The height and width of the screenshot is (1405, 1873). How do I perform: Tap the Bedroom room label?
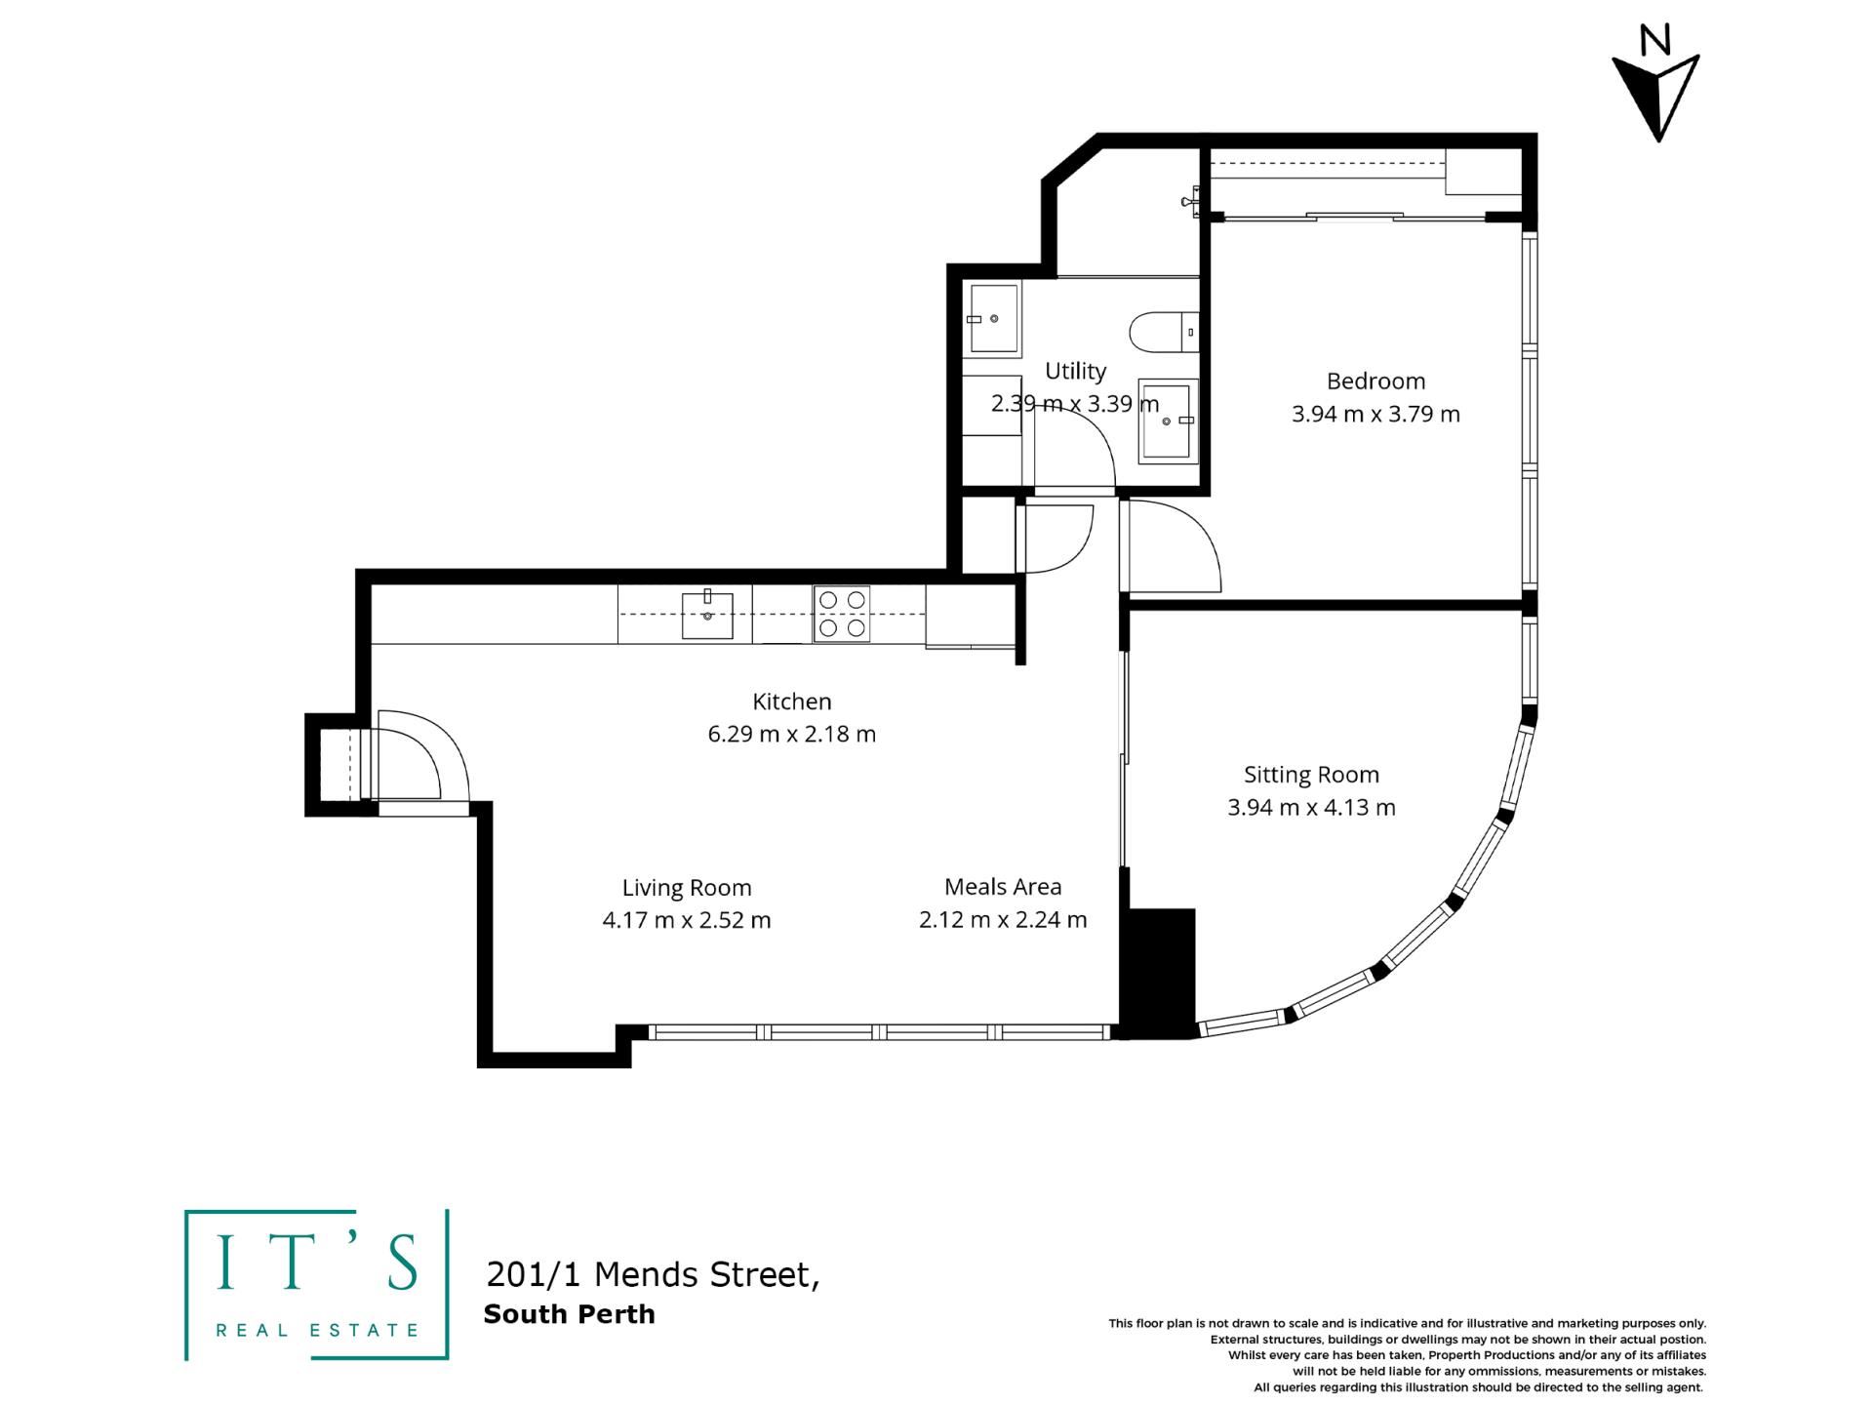point(1375,381)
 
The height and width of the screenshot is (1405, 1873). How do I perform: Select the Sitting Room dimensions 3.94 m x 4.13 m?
point(1311,808)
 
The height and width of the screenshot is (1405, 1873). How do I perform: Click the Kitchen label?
point(792,702)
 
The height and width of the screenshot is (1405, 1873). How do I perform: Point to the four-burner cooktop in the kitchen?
point(842,615)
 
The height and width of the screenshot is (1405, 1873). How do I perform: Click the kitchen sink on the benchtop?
point(707,615)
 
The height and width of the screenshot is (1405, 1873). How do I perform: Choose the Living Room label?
point(687,888)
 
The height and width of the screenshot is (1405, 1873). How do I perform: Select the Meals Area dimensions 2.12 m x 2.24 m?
point(1003,920)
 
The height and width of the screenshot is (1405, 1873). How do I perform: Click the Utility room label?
point(1075,371)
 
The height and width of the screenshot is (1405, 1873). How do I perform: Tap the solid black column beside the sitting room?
point(1157,973)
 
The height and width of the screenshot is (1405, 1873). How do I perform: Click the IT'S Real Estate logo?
point(317,1284)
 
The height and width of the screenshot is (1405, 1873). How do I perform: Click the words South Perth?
point(569,1314)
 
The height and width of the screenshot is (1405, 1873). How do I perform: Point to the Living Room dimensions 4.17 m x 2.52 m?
point(687,920)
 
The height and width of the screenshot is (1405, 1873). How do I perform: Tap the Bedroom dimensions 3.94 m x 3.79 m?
point(1375,414)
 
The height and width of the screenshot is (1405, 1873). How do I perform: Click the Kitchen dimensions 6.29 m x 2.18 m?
point(792,734)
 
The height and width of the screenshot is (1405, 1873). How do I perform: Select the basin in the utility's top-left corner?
point(992,319)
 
